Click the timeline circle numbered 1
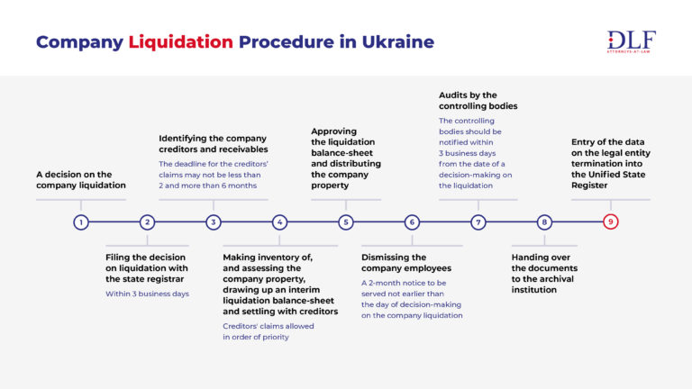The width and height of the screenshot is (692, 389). point(81,222)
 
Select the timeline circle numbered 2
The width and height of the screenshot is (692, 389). point(147,222)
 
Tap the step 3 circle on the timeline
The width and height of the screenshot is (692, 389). point(214,222)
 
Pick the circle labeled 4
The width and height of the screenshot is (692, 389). point(279,222)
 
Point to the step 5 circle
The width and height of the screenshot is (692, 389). point(346,222)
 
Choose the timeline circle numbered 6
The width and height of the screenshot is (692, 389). point(412,222)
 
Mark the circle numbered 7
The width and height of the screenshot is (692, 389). point(478,222)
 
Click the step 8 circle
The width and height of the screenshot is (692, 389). point(544,222)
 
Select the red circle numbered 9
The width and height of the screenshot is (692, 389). point(611,222)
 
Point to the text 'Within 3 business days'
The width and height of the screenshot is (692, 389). point(147,294)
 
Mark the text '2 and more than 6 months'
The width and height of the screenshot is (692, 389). point(208,185)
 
